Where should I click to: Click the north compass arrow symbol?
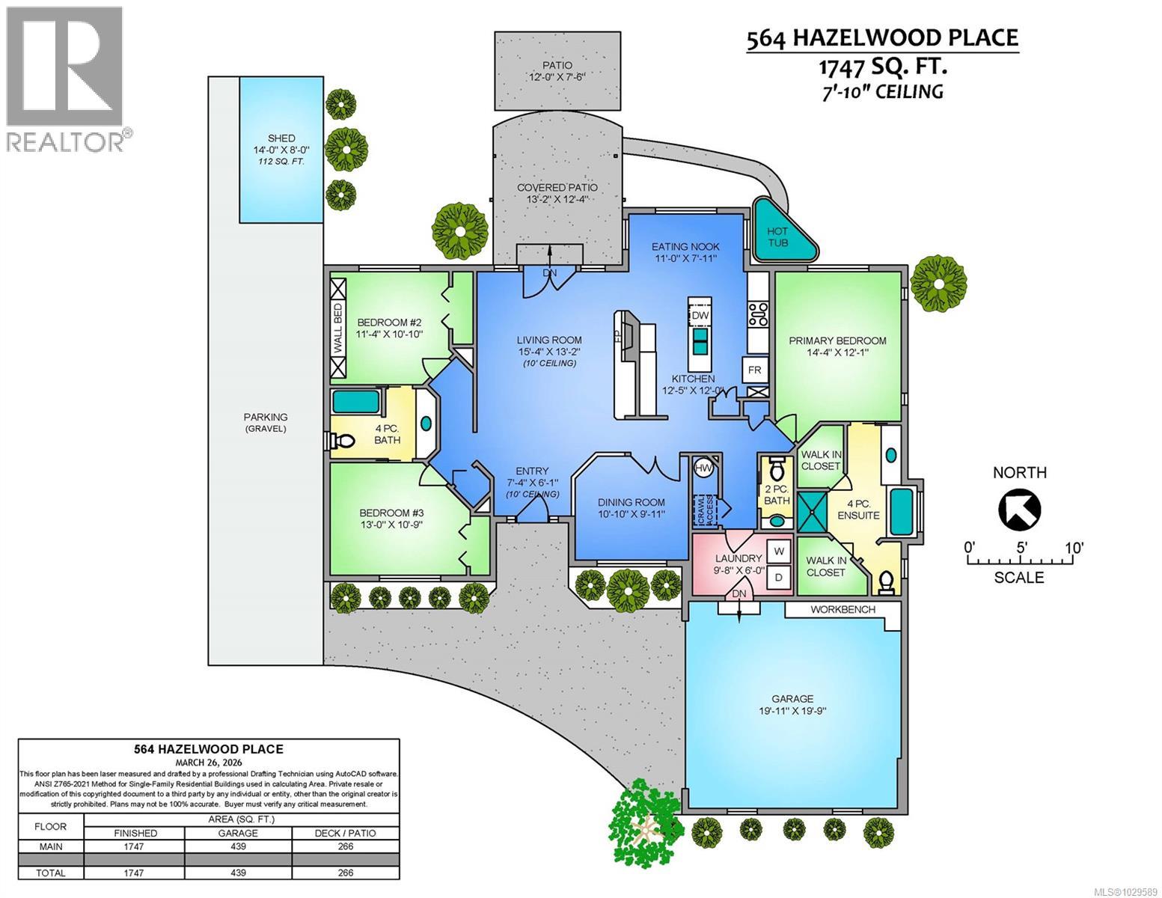1020,509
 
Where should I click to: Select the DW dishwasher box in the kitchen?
700,316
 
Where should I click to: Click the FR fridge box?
754,370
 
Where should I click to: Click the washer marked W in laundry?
779,551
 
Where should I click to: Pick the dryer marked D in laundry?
779,577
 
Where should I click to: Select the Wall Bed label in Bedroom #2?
338,329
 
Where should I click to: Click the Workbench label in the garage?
843,609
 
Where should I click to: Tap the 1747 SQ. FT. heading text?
882,66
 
